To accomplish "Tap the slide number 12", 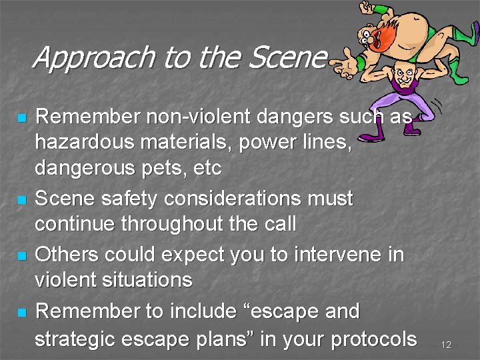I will tap(446, 345).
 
